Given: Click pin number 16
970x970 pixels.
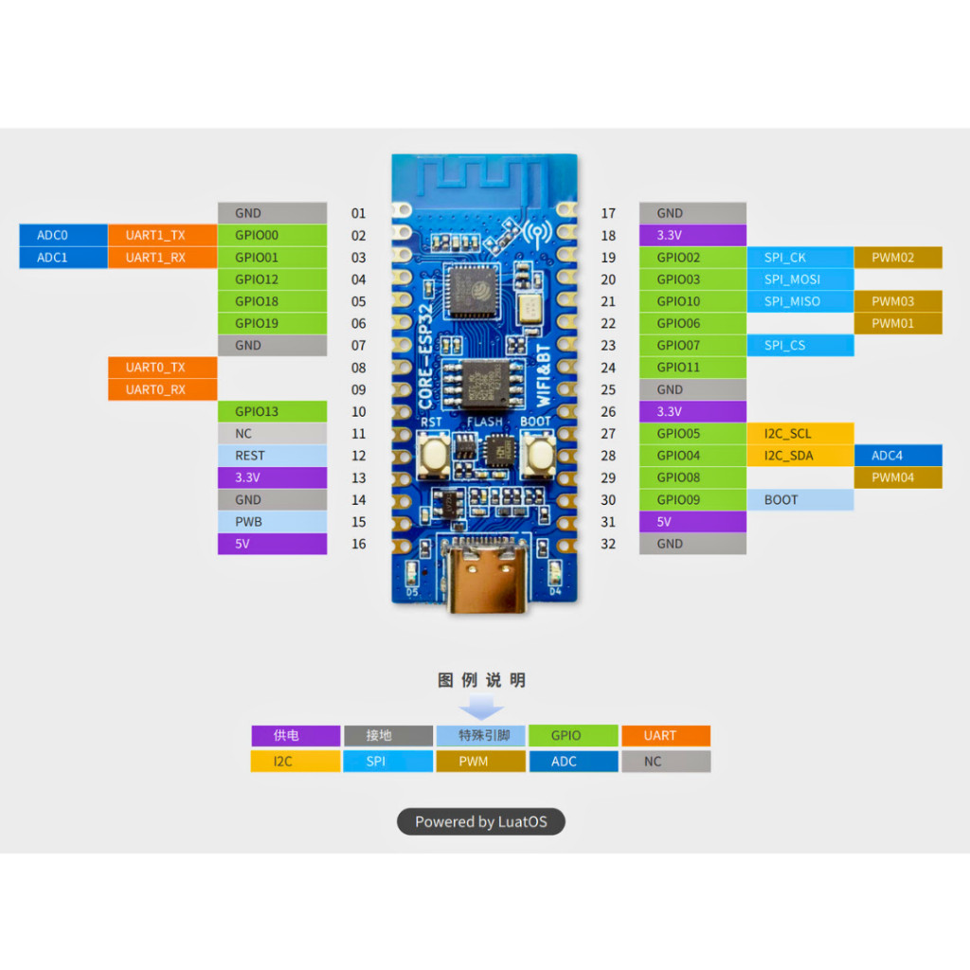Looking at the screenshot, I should [x=358, y=544].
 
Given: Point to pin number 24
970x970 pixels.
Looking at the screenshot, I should [x=608, y=368].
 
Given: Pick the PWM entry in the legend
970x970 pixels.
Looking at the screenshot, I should [x=480, y=762].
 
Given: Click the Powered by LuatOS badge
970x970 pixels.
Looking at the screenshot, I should [x=480, y=821].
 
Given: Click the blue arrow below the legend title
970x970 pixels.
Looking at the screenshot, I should [x=480, y=709].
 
